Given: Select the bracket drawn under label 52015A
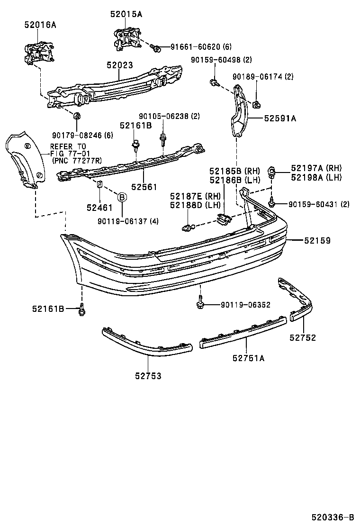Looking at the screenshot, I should [x=126, y=38].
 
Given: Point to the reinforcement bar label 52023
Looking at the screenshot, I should [x=119, y=65].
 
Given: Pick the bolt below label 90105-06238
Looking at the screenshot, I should [x=163, y=138].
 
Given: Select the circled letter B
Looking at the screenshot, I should [x=121, y=198].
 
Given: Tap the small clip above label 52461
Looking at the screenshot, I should [x=100, y=184].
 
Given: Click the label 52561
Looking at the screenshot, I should [x=144, y=187].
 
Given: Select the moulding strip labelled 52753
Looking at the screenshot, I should [x=147, y=341].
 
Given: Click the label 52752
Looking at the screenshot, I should [x=303, y=338].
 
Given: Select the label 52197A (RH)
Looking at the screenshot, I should [x=316, y=168].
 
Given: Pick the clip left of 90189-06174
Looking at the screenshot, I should [x=256, y=104].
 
